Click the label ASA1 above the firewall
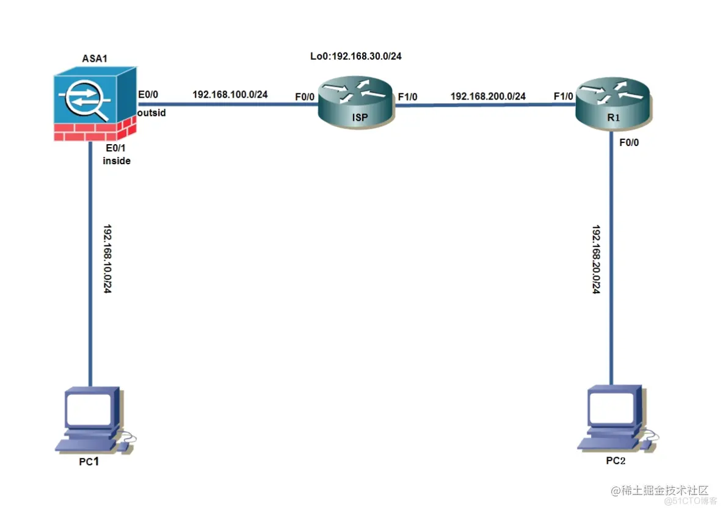pyautogui.click(x=95, y=59)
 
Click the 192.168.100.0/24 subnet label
pyautogui.click(x=230, y=95)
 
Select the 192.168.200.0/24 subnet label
pyautogui.click(x=488, y=96)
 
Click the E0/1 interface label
pyautogui.click(x=114, y=149)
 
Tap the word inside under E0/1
pyautogui.click(x=116, y=161)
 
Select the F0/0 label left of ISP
pyautogui.click(x=305, y=96)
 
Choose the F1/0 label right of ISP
pyautogui.click(x=409, y=96)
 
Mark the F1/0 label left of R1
pyautogui.click(x=563, y=96)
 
